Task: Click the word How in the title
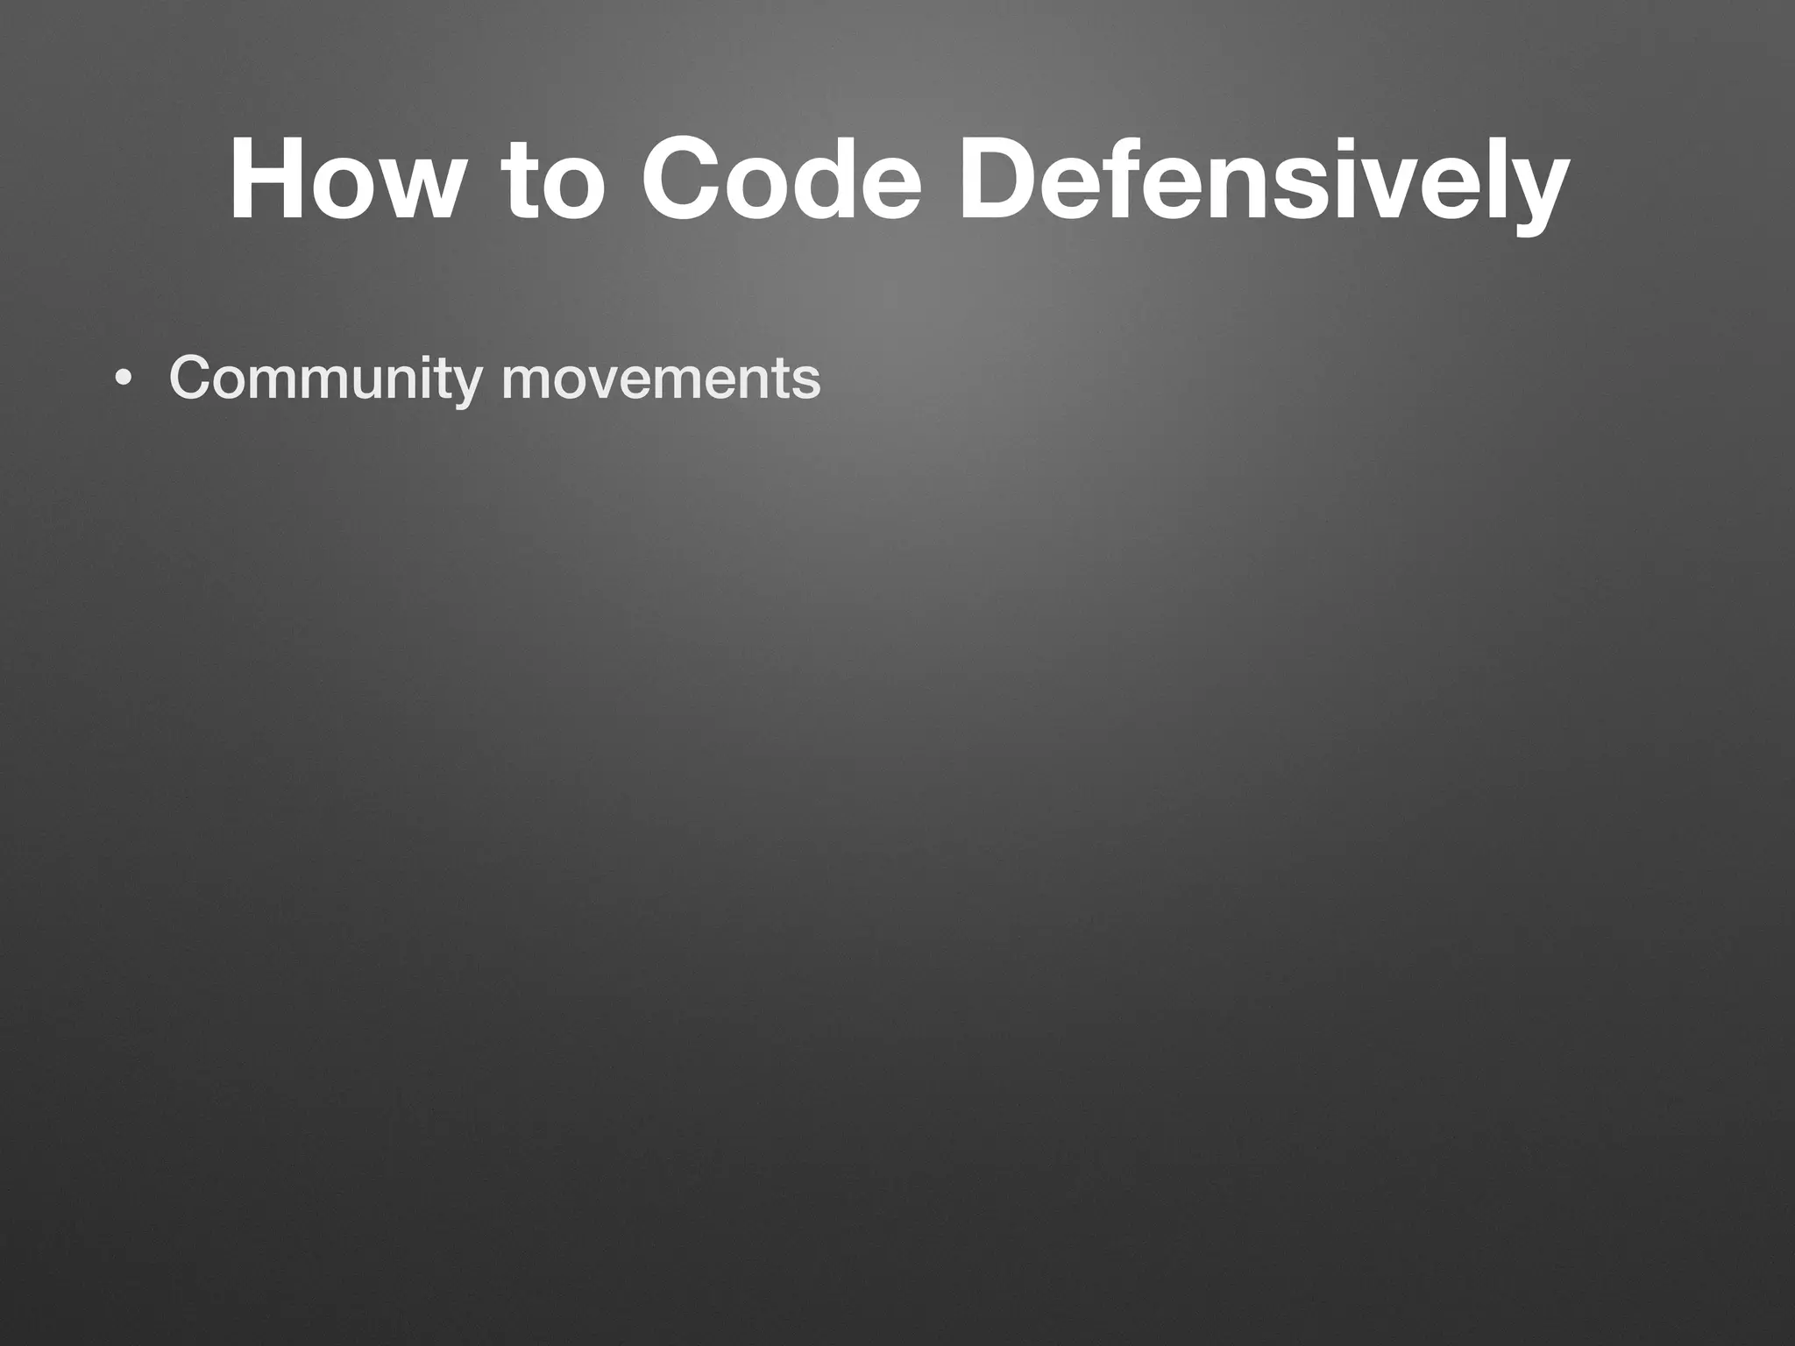(343, 180)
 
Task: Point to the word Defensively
(1261, 180)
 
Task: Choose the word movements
(660, 379)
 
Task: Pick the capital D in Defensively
(1000, 180)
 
